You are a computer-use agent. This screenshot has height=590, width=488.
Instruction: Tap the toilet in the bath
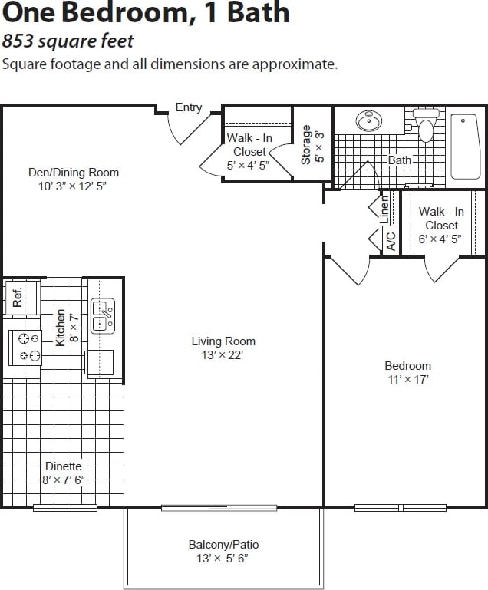pyautogui.click(x=426, y=125)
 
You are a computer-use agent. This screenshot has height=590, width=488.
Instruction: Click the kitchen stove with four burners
pyautogui.click(x=29, y=346)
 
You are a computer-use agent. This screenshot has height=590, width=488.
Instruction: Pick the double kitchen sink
pyautogui.click(x=103, y=315)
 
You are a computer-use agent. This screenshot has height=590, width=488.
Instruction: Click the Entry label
pyautogui.click(x=189, y=107)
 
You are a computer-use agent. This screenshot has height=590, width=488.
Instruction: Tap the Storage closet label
pyautogui.click(x=306, y=146)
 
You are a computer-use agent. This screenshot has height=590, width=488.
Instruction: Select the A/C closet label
pyautogui.click(x=391, y=241)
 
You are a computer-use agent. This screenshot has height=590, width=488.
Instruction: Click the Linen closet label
pyautogui.click(x=384, y=208)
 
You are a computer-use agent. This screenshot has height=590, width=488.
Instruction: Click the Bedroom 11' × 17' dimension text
pyautogui.click(x=407, y=379)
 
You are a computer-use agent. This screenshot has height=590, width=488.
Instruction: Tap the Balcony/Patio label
pyautogui.click(x=223, y=545)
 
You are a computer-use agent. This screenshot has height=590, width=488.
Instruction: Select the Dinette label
pyautogui.click(x=63, y=466)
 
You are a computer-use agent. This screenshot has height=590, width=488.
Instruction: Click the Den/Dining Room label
pyautogui.click(x=74, y=173)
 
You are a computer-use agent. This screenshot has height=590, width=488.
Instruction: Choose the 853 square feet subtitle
pyautogui.click(x=68, y=41)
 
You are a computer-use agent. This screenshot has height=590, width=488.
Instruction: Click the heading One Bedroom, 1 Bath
pyautogui.click(x=146, y=13)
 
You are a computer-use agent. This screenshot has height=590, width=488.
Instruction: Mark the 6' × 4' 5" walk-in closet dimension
pyautogui.click(x=441, y=239)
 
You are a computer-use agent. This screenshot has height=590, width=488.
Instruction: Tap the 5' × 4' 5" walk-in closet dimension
pyautogui.click(x=249, y=165)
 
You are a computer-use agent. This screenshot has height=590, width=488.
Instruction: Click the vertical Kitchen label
pyautogui.click(x=61, y=328)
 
